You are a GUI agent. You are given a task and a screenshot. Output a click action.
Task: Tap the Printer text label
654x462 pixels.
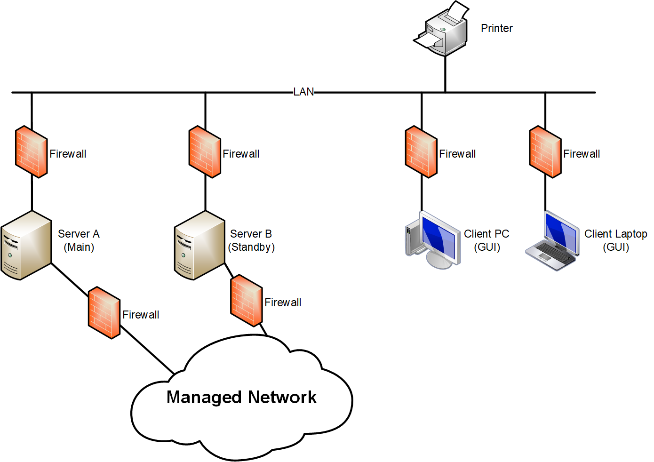click(x=496, y=28)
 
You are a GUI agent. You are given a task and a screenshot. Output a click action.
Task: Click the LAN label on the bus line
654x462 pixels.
click(x=303, y=92)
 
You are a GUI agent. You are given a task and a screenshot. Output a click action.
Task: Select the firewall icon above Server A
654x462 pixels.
click(x=32, y=152)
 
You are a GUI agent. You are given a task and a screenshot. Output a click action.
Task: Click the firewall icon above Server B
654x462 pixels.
click(x=205, y=152)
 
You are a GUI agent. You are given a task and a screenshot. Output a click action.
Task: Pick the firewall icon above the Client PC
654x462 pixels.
click(x=421, y=152)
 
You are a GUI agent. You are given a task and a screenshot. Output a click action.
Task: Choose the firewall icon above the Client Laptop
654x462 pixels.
click(x=545, y=152)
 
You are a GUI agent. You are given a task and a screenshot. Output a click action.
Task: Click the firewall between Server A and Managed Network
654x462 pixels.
click(x=104, y=313)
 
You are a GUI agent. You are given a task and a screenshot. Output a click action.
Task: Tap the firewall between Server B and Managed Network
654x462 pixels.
click(x=246, y=301)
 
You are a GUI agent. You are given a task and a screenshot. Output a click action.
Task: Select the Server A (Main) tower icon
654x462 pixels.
click(x=26, y=246)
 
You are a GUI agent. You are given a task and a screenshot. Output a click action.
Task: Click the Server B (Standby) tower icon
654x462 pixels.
click(x=199, y=246)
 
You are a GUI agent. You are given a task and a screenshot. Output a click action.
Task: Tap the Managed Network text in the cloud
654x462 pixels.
click(x=241, y=398)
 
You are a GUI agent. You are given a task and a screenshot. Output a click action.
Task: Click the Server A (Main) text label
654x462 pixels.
click(x=79, y=240)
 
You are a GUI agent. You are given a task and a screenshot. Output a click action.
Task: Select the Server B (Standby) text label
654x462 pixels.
click(x=251, y=240)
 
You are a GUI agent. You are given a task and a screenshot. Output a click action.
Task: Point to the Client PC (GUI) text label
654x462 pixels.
click(x=487, y=240)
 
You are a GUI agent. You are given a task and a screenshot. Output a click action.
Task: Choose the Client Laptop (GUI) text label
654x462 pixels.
click(x=615, y=240)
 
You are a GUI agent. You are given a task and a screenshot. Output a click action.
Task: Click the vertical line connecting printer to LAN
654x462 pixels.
click(x=445, y=74)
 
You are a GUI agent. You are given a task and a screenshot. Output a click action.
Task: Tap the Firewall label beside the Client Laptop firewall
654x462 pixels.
click(x=582, y=154)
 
